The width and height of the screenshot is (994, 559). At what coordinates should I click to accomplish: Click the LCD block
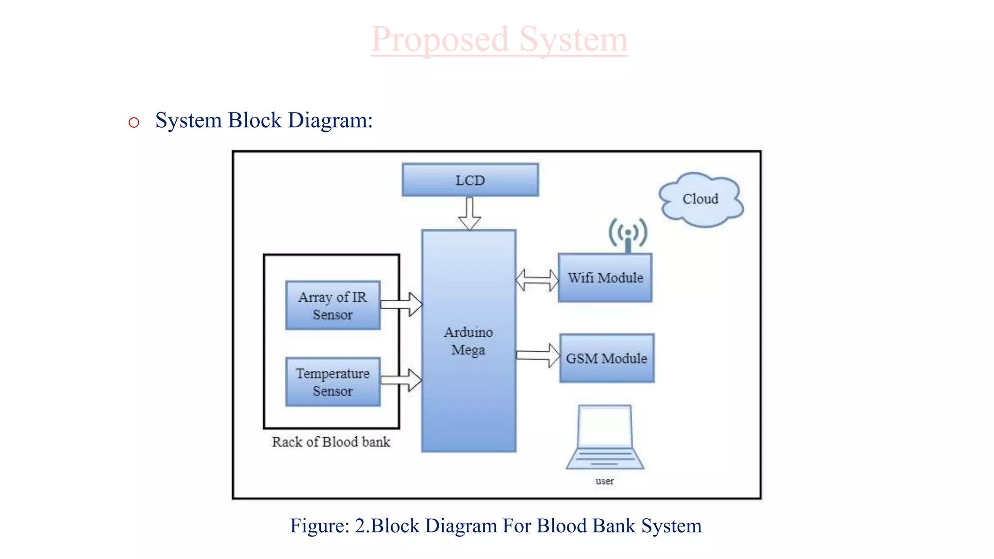click(470, 180)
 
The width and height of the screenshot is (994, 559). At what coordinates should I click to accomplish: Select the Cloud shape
click(700, 199)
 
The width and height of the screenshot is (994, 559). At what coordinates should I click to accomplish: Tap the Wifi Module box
click(605, 278)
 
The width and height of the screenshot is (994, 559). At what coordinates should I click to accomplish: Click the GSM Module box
click(606, 359)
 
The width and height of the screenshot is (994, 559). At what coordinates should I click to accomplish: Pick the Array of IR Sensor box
click(332, 306)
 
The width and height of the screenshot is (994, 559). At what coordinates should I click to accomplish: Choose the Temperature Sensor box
click(332, 382)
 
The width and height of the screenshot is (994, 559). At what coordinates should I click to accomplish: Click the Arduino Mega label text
click(468, 341)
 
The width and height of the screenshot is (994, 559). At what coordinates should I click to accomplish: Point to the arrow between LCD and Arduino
click(469, 214)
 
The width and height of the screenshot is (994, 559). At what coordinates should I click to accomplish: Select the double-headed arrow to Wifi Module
click(537, 280)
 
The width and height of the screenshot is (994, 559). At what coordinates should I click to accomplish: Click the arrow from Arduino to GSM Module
click(538, 355)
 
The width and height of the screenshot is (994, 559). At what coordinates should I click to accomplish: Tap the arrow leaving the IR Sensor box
click(401, 304)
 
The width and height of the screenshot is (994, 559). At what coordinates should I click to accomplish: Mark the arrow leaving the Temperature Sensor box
click(401, 380)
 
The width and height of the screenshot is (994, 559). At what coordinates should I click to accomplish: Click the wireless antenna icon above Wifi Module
click(628, 234)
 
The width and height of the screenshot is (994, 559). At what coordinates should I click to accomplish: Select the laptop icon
click(605, 437)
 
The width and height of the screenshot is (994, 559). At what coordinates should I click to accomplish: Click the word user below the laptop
click(605, 481)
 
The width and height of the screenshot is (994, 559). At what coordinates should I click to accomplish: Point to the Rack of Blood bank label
click(331, 442)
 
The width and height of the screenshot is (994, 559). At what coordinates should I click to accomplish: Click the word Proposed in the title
click(440, 40)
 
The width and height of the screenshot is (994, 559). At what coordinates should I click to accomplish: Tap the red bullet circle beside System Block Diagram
click(134, 122)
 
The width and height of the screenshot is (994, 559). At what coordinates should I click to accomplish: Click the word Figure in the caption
click(319, 526)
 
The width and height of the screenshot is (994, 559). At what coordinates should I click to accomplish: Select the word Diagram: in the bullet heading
click(330, 120)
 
